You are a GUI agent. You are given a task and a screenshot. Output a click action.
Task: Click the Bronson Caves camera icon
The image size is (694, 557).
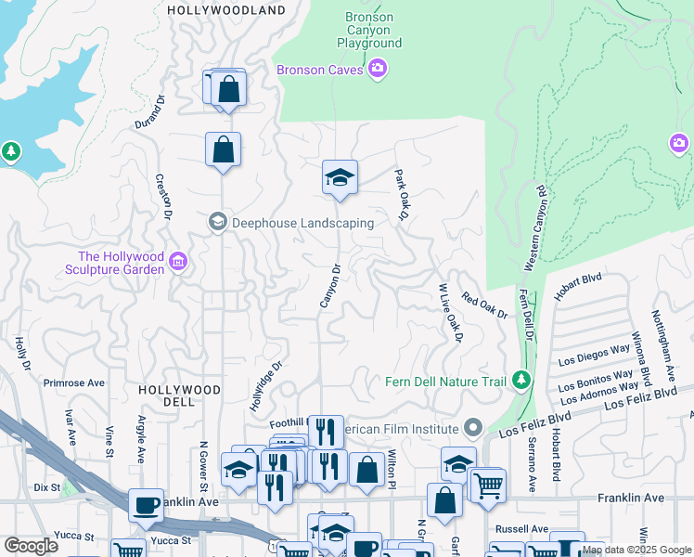click(378, 68)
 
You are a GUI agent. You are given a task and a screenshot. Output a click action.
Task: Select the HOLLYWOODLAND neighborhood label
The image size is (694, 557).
click(225, 10)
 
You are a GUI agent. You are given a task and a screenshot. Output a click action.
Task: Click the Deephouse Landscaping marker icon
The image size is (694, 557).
click(218, 221)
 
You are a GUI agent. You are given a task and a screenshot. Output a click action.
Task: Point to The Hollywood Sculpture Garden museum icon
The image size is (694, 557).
click(179, 264)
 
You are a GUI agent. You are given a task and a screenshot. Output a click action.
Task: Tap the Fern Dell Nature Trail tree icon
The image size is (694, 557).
click(521, 380)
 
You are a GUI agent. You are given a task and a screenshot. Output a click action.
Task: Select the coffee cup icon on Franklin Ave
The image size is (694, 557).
click(146, 504)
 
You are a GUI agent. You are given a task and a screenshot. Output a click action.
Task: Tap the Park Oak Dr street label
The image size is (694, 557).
click(402, 195)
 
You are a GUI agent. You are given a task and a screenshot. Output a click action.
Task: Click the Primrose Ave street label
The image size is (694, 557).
click(74, 382)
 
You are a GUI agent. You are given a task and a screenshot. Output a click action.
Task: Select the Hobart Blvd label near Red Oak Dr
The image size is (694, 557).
click(580, 277)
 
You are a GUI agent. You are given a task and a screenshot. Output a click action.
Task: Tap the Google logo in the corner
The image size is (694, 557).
click(31, 546)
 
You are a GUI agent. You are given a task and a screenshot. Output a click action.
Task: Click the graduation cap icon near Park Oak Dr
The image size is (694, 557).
click(341, 176)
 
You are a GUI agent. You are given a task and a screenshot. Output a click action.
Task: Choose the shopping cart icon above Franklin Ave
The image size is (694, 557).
click(488, 484)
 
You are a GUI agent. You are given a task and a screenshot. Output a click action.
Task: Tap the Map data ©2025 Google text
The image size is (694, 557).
click(636, 550)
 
